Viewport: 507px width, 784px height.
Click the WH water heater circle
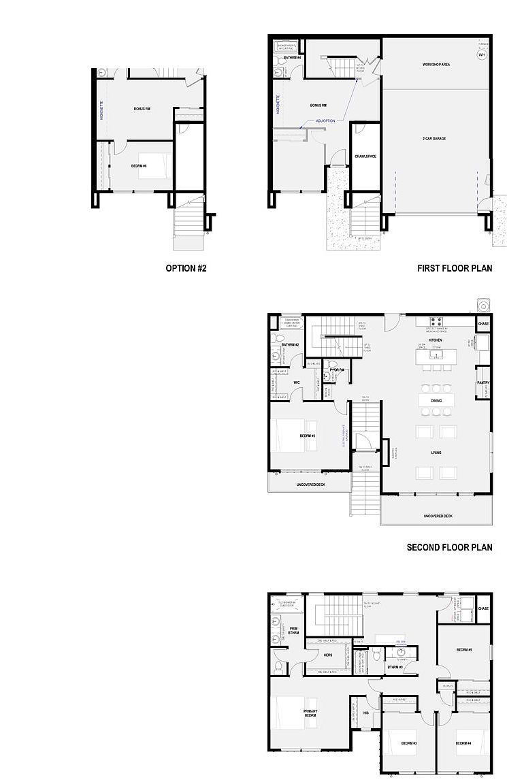[x=481, y=56]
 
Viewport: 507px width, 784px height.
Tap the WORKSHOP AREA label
[x=436, y=65]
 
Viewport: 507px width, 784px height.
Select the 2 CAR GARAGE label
[x=434, y=138]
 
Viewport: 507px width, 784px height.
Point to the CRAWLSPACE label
[x=365, y=157]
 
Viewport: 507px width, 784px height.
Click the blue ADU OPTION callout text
[x=326, y=120]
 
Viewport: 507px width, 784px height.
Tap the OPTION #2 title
[x=186, y=268]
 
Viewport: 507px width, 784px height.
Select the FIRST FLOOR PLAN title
[x=455, y=268]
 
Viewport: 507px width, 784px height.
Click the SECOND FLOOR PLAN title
[x=449, y=547]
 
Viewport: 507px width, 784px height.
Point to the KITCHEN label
[x=436, y=340]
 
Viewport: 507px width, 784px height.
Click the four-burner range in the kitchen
[x=436, y=321]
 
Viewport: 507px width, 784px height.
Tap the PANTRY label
[x=483, y=382]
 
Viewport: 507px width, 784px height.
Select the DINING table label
[x=436, y=401]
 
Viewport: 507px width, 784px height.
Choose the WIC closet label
[x=297, y=382]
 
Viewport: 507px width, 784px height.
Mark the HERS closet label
[x=328, y=655]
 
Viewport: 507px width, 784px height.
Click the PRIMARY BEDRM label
[x=310, y=714]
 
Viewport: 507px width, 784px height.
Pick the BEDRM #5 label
[x=464, y=650]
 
